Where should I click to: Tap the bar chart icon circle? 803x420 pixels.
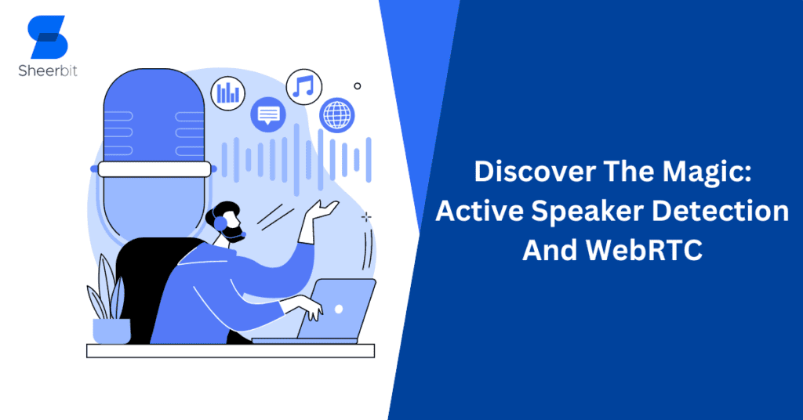click(x=228, y=93)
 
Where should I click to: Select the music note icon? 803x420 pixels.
click(x=303, y=86)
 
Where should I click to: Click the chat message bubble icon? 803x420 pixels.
click(x=268, y=114)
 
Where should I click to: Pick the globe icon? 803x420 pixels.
click(x=337, y=114)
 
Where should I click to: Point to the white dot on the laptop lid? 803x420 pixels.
click(x=338, y=309)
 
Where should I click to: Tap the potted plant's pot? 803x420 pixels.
click(x=111, y=331)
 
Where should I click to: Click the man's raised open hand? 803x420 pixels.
click(x=324, y=208)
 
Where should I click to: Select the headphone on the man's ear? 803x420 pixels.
click(x=222, y=224)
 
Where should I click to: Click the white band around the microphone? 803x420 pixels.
click(x=154, y=168)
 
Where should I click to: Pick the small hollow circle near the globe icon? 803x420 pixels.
click(x=358, y=86)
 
